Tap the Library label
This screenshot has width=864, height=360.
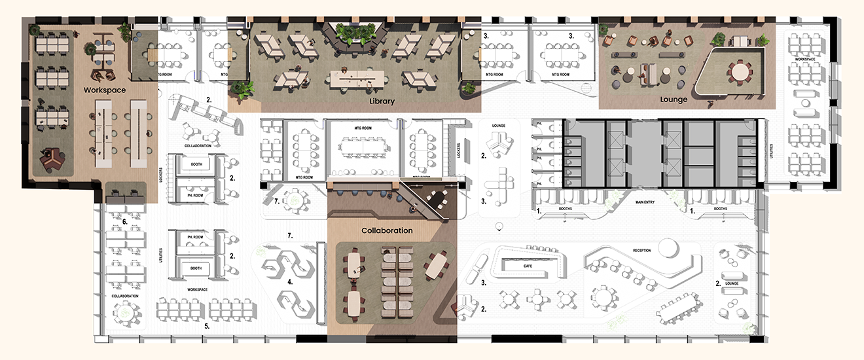point(382,101)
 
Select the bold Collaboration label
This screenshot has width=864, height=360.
point(387,230)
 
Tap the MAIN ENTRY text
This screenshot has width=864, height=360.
point(647,202)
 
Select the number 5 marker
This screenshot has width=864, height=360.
point(207,325)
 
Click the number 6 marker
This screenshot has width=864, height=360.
point(124,222)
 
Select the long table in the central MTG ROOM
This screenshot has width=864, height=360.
point(363,149)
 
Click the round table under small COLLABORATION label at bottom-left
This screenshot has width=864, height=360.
point(125,314)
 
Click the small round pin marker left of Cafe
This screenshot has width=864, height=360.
point(499,226)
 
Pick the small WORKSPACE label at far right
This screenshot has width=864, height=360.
point(804,59)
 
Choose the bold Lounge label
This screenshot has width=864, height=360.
point(674,100)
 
